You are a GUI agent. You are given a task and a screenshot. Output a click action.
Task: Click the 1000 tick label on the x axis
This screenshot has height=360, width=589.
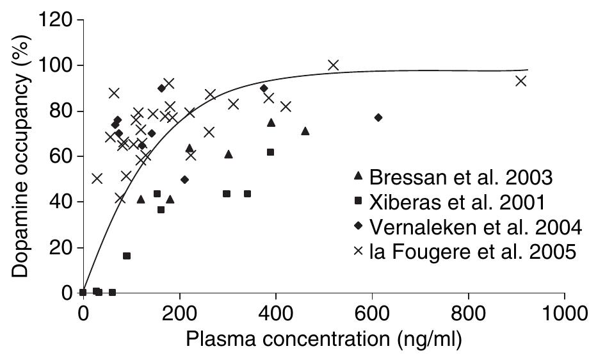click(x=564, y=314)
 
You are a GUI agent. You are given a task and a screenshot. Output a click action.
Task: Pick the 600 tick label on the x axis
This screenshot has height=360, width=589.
click(x=372, y=314)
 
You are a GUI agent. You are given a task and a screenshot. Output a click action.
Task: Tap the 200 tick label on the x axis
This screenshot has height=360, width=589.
click(x=180, y=314)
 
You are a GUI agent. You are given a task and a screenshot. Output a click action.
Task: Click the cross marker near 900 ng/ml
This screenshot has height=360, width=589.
click(x=520, y=81)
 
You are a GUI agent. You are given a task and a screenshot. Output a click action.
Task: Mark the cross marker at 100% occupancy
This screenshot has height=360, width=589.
click(x=333, y=65)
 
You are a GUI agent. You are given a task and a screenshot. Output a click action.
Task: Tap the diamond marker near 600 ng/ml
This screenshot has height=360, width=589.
click(x=378, y=117)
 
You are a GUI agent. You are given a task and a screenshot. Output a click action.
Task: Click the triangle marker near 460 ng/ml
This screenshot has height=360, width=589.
click(x=305, y=131)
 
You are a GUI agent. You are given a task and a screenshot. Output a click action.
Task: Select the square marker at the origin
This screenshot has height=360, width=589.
click(x=83, y=293)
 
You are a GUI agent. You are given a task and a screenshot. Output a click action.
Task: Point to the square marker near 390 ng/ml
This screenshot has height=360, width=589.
click(x=270, y=152)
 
